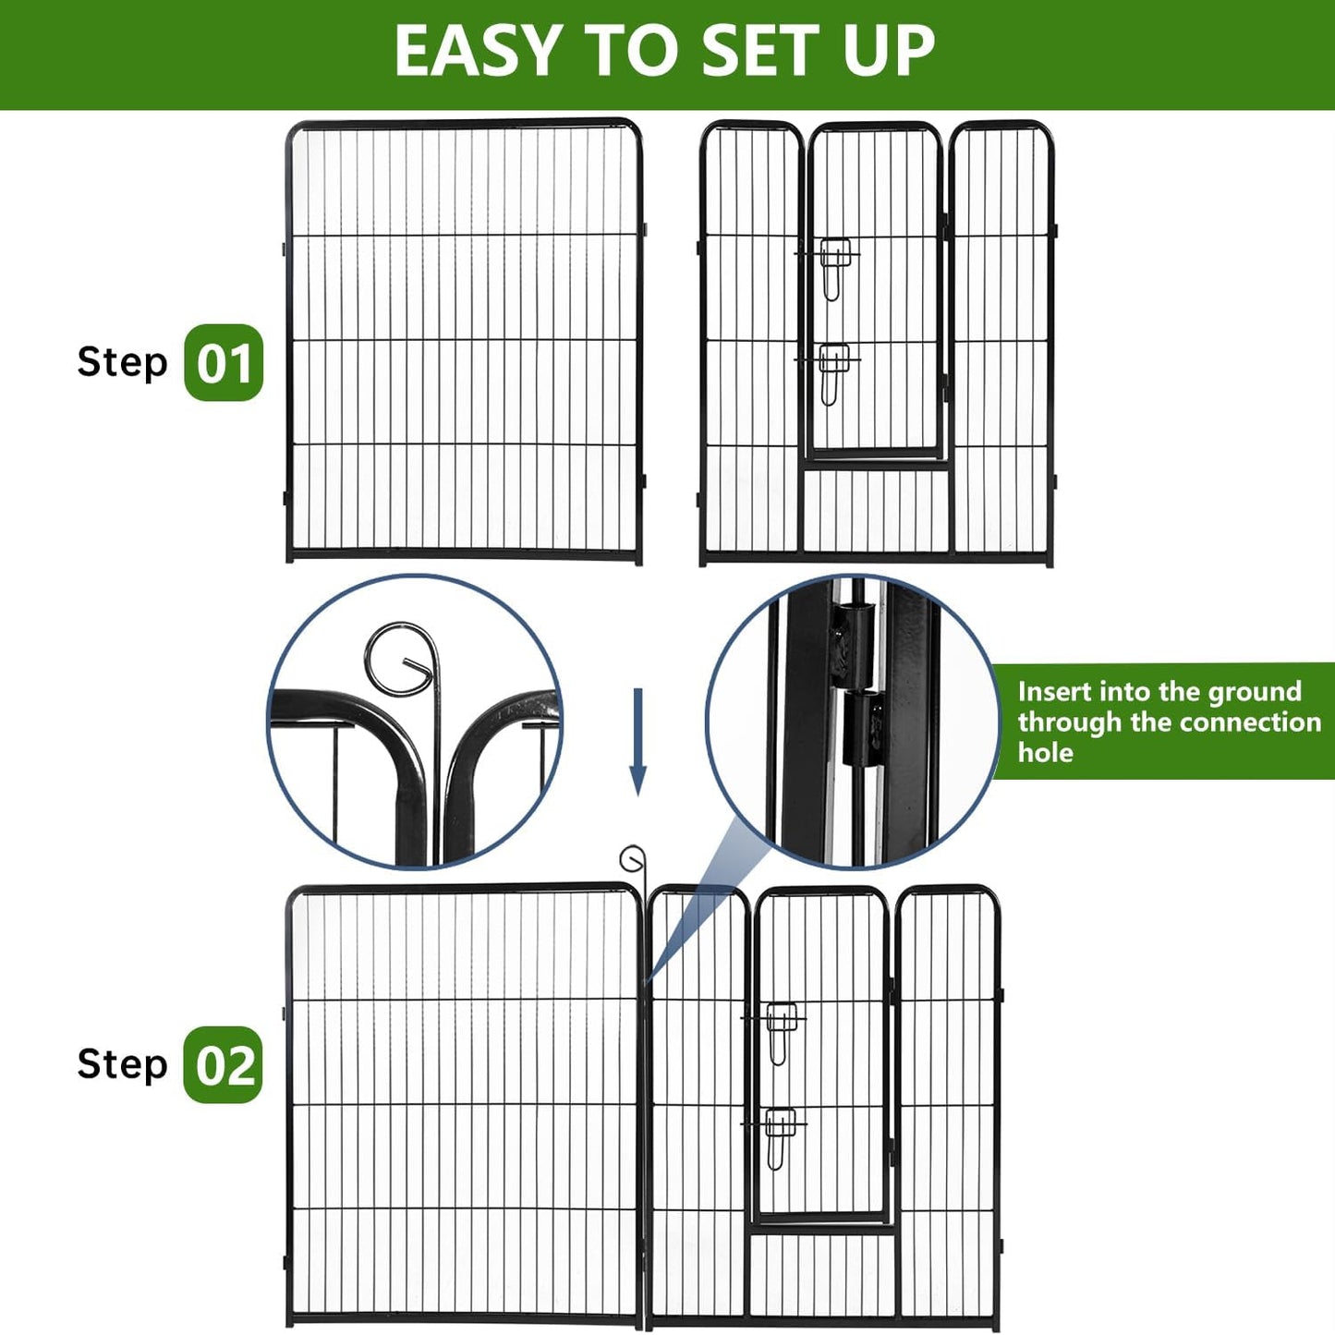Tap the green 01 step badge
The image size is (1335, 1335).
pos(224,363)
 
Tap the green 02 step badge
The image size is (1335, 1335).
pos(224,1065)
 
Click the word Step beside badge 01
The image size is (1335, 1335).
pos(122,362)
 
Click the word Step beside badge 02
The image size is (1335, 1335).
pos(122,1064)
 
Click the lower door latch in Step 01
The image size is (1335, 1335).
pos(834,371)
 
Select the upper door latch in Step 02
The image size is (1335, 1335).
pos(781,1030)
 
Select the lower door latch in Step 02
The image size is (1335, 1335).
pos(781,1135)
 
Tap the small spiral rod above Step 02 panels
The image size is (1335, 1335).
pos(633,860)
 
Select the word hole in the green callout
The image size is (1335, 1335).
pos(1045,753)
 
